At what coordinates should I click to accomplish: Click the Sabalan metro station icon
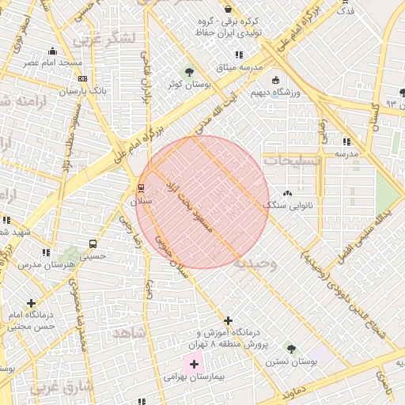click(142, 187)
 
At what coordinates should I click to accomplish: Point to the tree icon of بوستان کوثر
click(189, 73)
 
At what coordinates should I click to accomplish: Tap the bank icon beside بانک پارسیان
click(83, 78)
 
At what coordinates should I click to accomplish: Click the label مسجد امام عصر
click(52, 62)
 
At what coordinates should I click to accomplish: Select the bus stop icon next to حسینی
click(93, 244)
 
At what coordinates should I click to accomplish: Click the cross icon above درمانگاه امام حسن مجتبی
click(31, 303)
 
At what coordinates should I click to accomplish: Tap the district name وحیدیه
click(255, 264)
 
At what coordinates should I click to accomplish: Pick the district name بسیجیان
click(293, 160)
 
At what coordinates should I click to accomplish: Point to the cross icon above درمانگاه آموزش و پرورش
click(229, 321)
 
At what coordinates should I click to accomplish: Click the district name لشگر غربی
click(104, 37)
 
